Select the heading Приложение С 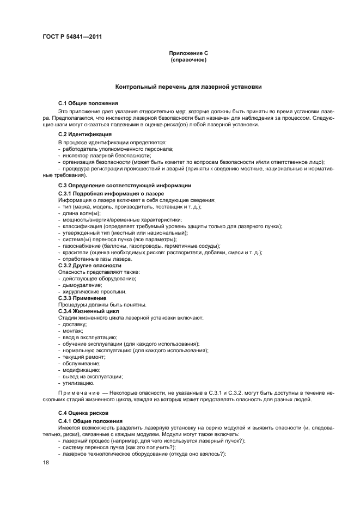coord(188,53)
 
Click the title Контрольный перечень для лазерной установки coord(188,87)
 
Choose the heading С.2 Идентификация coord(85,134)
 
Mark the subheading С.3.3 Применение coord(82,298)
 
